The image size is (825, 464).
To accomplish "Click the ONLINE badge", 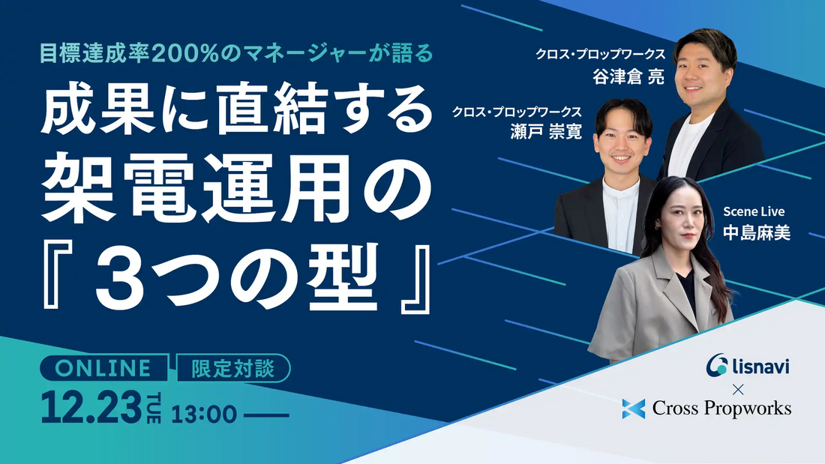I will (x=104, y=368).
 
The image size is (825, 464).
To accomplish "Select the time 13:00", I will (x=204, y=413).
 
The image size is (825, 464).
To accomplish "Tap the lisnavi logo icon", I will (x=718, y=365).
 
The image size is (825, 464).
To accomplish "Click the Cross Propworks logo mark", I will (x=634, y=409).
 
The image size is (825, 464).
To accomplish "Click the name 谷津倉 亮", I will (x=628, y=76).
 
